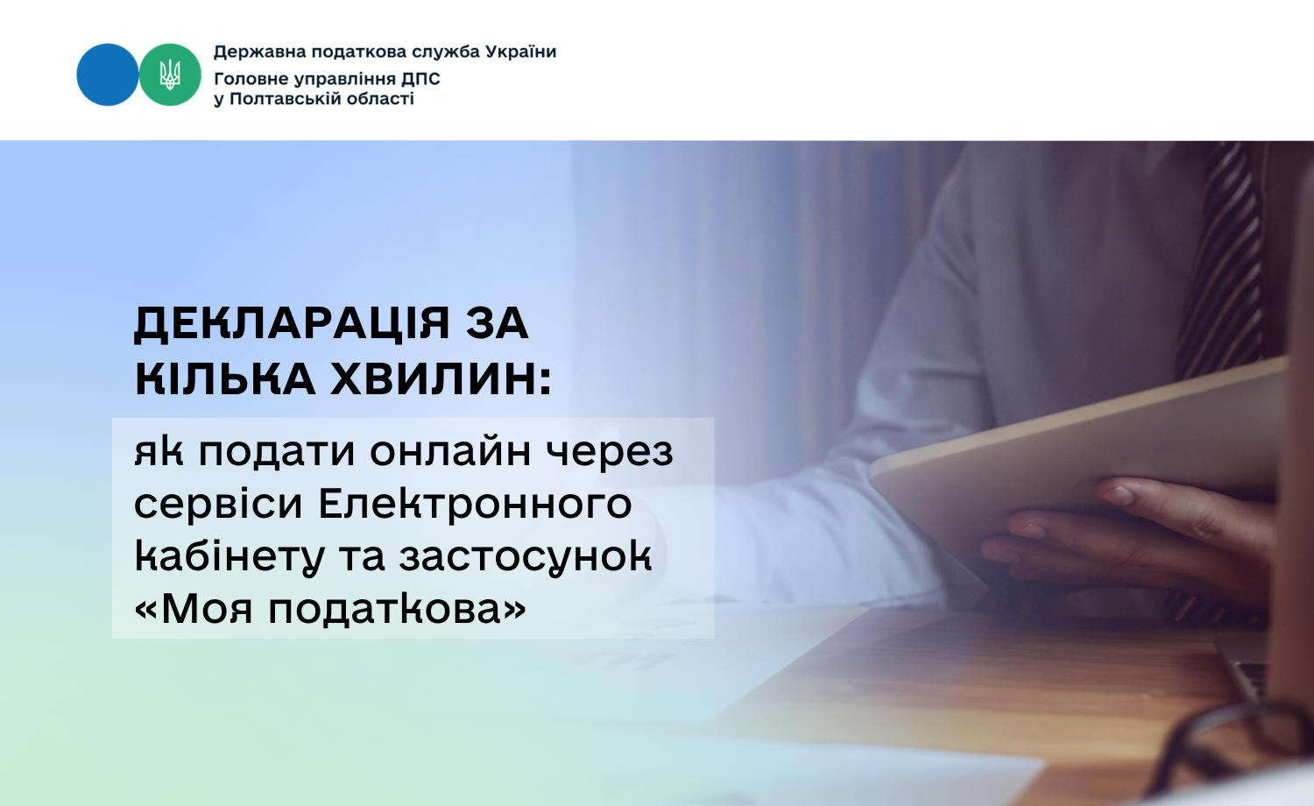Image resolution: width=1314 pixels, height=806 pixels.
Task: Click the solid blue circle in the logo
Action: (108, 74)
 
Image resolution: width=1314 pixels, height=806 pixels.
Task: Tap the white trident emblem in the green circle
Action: (170, 74)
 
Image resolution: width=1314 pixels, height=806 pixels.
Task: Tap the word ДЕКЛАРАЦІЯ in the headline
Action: (292, 324)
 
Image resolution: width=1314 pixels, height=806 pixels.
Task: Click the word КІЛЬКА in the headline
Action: (225, 378)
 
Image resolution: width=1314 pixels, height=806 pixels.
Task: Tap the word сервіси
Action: (218, 503)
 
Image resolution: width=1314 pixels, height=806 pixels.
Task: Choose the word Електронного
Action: (475, 503)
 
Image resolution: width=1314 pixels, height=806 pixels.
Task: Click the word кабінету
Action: (230, 556)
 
